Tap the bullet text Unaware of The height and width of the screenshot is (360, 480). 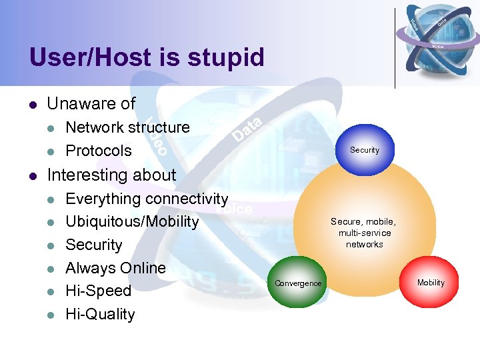(x=91, y=104)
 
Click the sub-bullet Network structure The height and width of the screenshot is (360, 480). (x=127, y=127)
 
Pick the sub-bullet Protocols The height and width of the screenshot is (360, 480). (x=99, y=151)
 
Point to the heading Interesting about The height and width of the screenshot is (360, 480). (x=111, y=175)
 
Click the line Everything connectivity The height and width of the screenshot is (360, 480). (x=147, y=199)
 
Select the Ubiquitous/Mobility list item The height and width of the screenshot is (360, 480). (x=132, y=221)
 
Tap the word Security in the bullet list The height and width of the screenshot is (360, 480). (x=94, y=245)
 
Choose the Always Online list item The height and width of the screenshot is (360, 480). (x=115, y=268)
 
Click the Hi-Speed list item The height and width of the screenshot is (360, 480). (x=99, y=291)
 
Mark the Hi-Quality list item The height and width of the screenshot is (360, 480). (x=100, y=314)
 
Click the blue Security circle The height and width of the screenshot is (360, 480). (x=364, y=150)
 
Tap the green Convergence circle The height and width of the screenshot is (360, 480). (x=298, y=283)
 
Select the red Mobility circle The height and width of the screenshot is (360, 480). (x=431, y=283)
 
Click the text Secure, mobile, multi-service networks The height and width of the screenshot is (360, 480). (x=363, y=233)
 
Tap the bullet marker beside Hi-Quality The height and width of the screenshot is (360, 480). (x=51, y=315)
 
